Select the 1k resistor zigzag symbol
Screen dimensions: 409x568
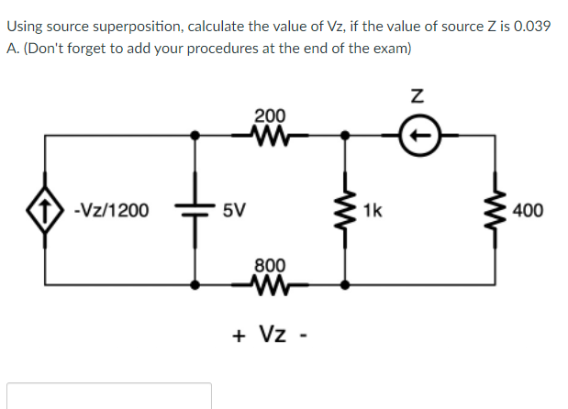[345, 210]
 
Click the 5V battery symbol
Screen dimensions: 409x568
[194, 210]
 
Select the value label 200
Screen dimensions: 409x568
[269, 116]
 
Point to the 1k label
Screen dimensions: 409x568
[373, 210]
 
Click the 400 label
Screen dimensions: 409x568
[529, 210]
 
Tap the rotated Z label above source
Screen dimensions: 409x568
[418, 95]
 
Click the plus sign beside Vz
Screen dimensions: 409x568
[239, 335]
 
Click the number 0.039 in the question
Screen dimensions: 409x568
[529, 26]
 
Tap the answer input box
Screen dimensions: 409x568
[109, 396]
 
